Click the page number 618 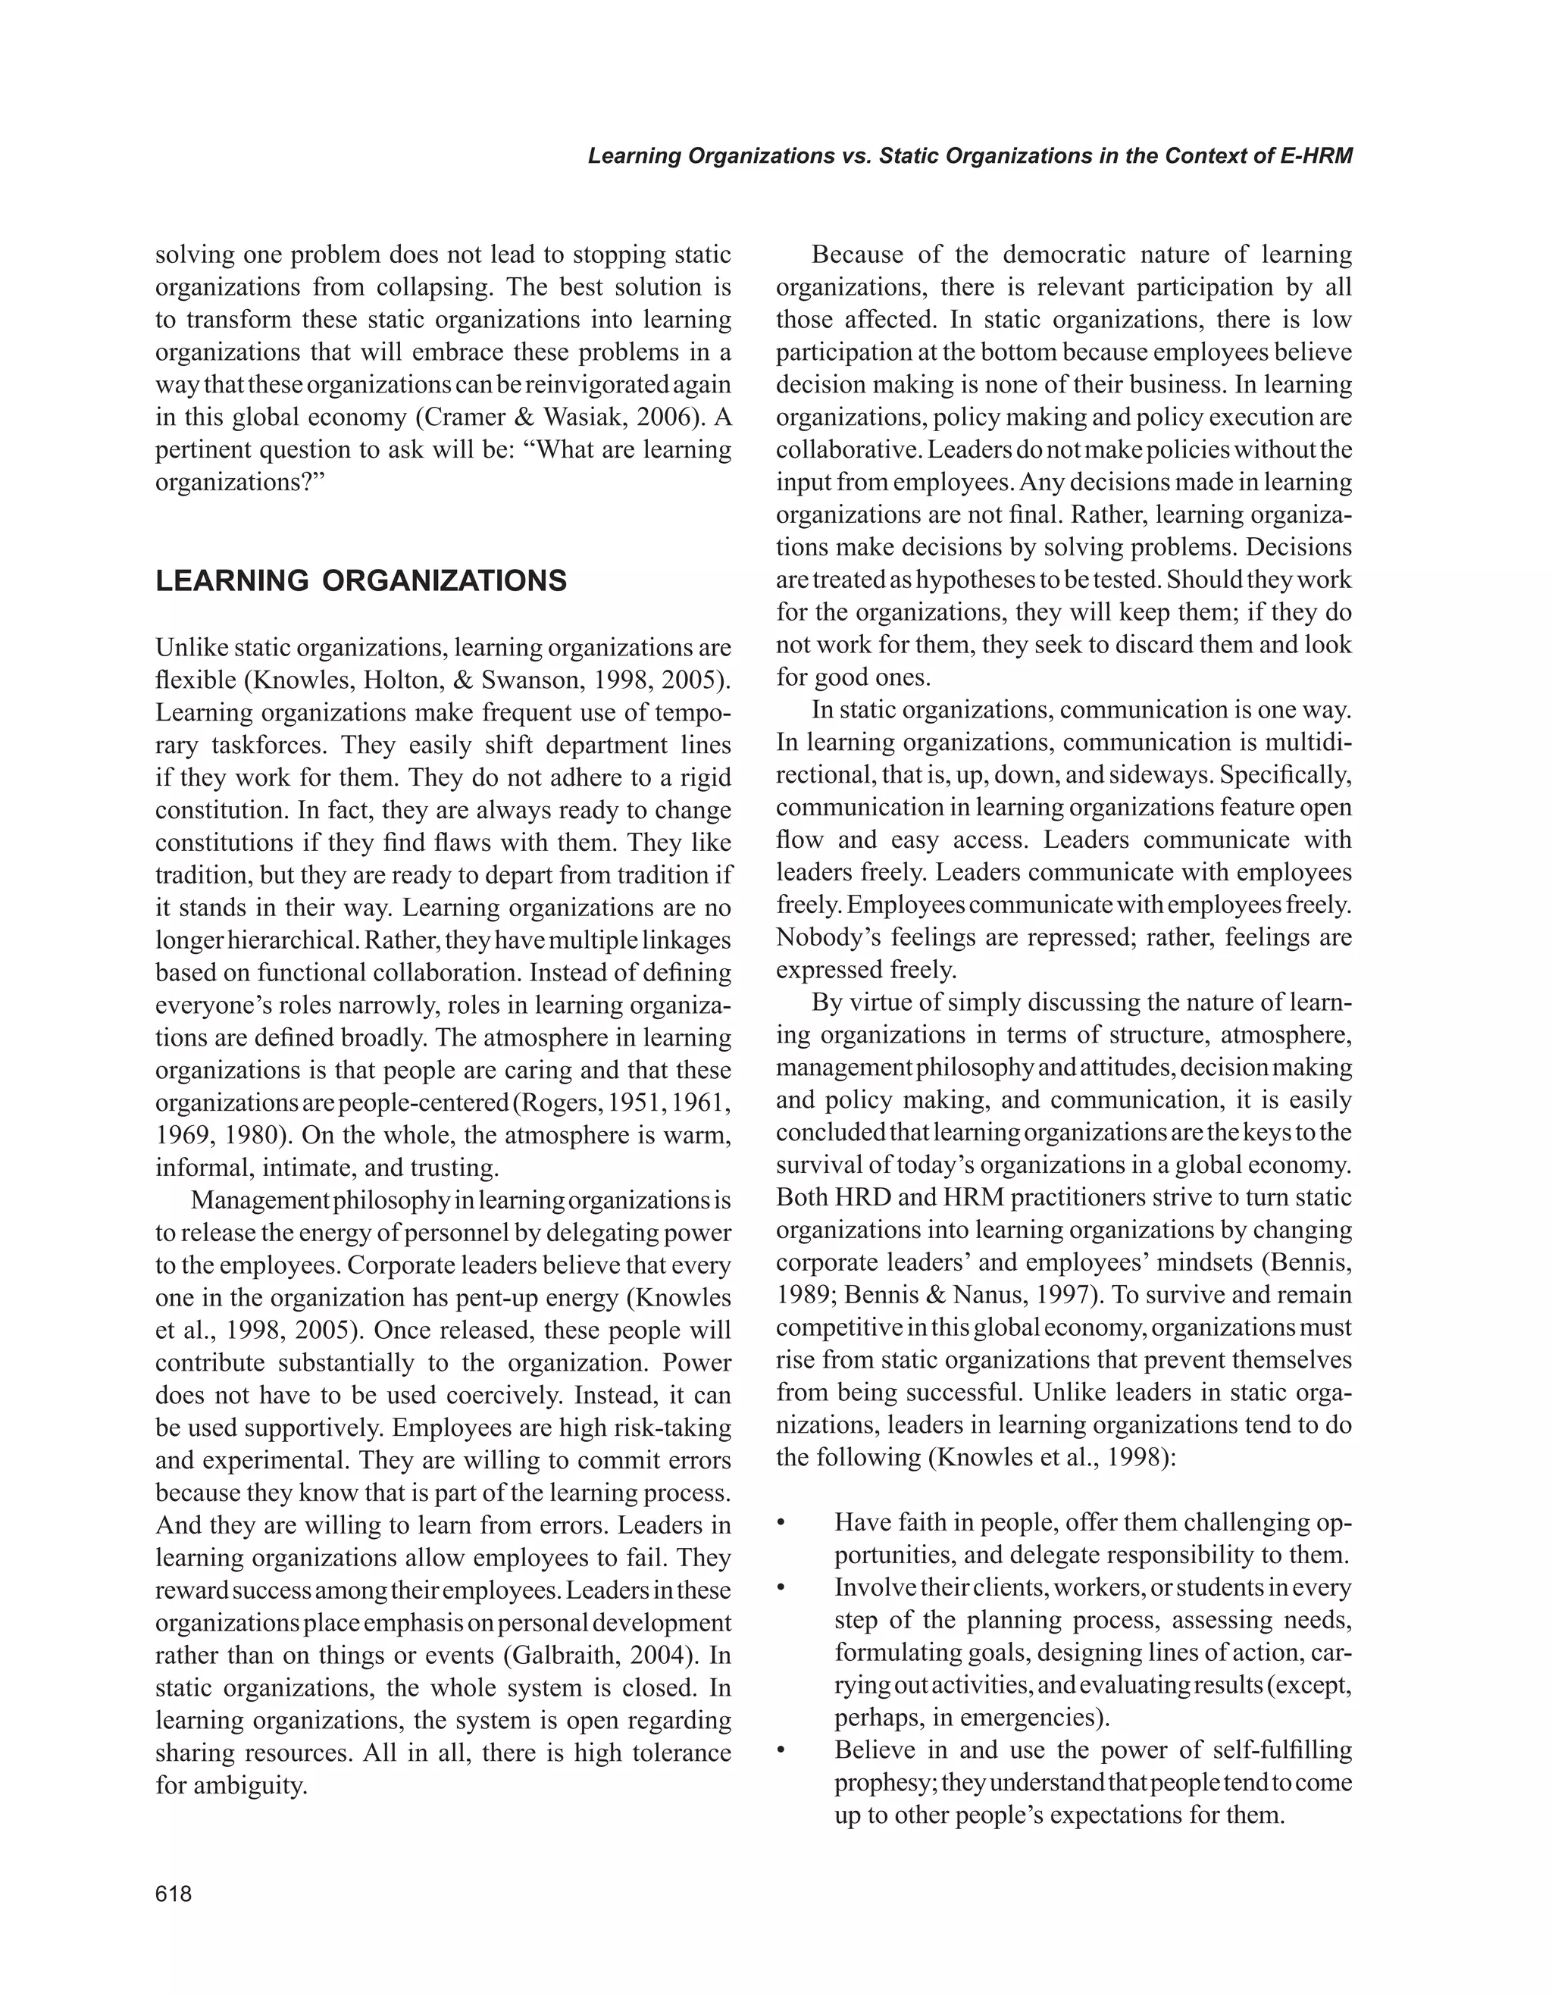coord(174,1894)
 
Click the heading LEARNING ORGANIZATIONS coord(361,581)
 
